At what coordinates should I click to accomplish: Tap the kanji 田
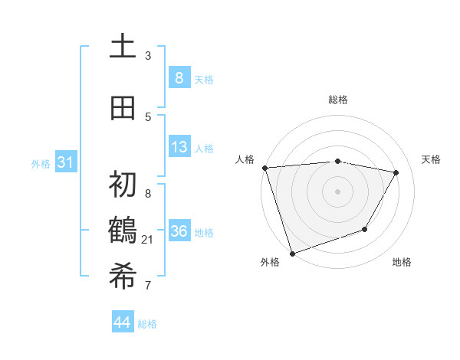pyautogui.click(x=123, y=108)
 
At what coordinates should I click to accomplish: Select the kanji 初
pyautogui.click(x=123, y=185)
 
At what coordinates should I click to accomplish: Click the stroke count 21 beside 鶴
pyautogui.click(x=148, y=240)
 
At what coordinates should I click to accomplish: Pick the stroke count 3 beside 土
pyautogui.click(x=148, y=56)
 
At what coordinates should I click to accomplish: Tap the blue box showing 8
pyautogui.click(x=179, y=77)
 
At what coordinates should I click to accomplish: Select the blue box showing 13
pyautogui.click(x=179, y=147)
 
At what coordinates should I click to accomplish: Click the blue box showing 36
pyautogui.click(x=179, y=231)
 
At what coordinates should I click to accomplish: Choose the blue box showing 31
pyautogui.click(x=66, y=162)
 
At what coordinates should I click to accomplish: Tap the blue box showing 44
pyautogui.click(x=123, y=322)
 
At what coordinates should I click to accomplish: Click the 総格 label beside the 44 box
pyautogui.click(x=148, y=324)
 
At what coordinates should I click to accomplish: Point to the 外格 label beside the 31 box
pyautogui.click(x=41, y=163)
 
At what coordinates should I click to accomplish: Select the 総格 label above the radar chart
pyautogui.click(x=337, y=100)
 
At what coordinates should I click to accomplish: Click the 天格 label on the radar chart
pyautogui.click(x=431, y=159)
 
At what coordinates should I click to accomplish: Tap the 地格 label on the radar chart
pyautogui.click(x=402, y=262)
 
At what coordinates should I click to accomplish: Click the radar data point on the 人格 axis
pyautogui.click(x=264, y=168)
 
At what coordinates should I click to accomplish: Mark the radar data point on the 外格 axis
pyautogui.click(x=292, y=253)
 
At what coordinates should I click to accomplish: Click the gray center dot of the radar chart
pyautogui.click(x=337, y=191)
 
